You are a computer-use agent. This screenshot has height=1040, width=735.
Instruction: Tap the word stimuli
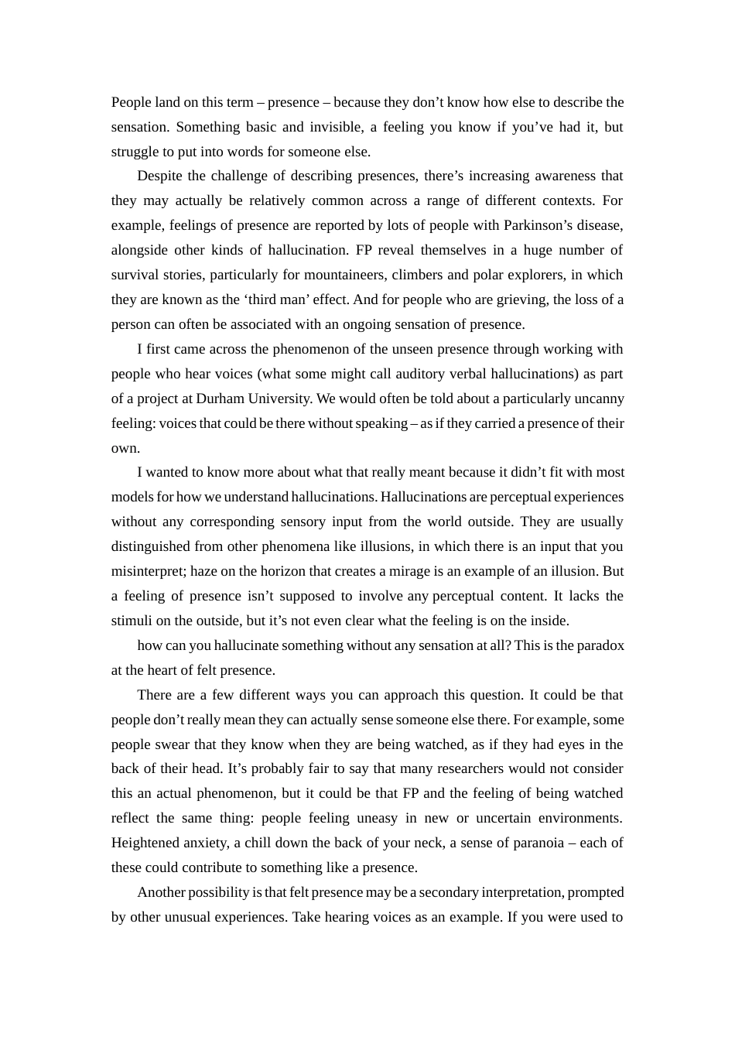point(132,621)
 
